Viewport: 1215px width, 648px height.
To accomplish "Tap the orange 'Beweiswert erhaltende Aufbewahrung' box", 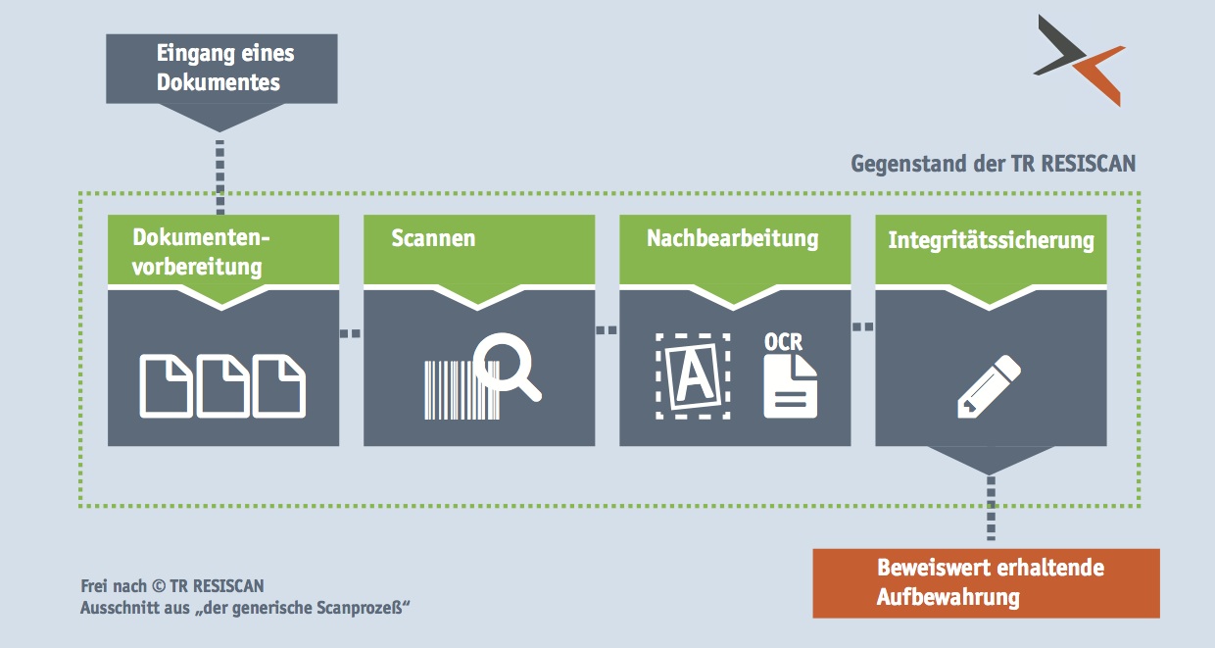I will [986, 583].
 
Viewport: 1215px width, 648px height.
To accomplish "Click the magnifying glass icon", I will [508, 368].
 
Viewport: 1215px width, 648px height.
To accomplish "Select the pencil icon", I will [988, 387].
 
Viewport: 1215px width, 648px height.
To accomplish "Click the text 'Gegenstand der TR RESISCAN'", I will [993, 163].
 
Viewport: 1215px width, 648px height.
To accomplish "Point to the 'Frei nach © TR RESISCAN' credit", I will [172, 587].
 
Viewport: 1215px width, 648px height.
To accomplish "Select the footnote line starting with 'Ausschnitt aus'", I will [244, 609].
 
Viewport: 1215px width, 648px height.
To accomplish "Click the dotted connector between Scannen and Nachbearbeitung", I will [607, 330].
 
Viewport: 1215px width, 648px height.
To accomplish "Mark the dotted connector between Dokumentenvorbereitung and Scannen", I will [351, 333].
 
